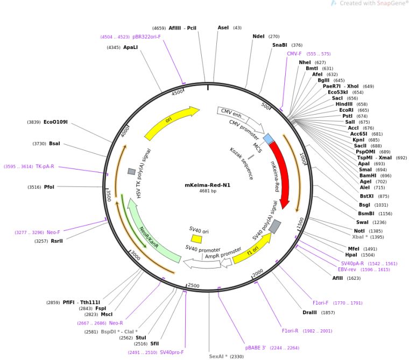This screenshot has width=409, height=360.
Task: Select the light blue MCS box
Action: pyautogui.click(x=268, y=138)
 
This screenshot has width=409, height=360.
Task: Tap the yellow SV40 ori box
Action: pyautogui.click(x=196, y=239)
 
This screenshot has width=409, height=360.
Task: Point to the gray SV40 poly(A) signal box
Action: pyautogui.click(x=274, y=227)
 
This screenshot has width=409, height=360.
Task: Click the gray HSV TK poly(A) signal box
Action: pyautogui.click(x=131, y=172)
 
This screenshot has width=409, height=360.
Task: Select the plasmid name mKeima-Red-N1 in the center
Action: pyautogui.click(x=208, y=185)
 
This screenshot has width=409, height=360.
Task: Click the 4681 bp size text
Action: pyautogui.click(x=208, y=191)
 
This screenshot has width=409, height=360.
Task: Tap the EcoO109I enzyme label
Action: pyautogui.click(x=55, y=122)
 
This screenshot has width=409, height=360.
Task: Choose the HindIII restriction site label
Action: pyautogui.click(x=344, y=104)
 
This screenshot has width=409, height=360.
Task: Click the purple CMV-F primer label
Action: pyautogui.click(x=294, y=54)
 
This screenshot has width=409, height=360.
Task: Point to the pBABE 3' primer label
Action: pyautogui.click(x=256, y=348)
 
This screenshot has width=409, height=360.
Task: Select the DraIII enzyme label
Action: pyautogui.click(x=309, y=313)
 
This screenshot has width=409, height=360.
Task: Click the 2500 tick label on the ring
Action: pyautogui.click(x=194, y=286)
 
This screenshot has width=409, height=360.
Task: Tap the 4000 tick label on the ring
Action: pyautogui.click(x=125, y=132)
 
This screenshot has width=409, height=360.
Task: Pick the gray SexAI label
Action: pyautogui.click(x=216, y=356)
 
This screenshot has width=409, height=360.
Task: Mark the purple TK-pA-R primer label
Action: pyautogui.click(x=45, y=166)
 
